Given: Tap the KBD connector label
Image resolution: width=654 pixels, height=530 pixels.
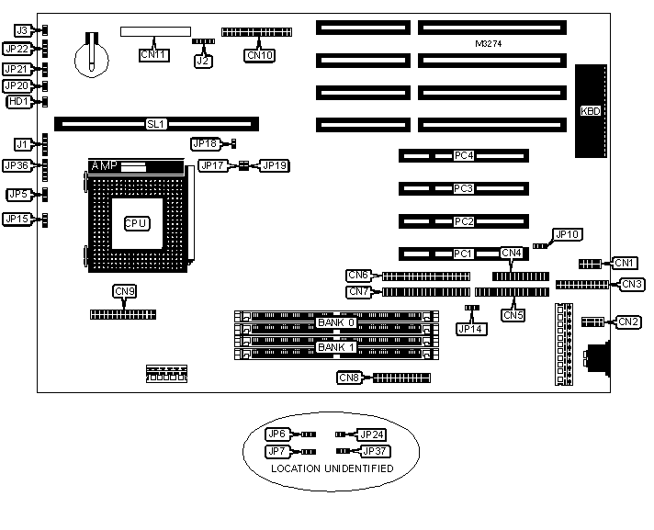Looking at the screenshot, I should (x=592, y=111).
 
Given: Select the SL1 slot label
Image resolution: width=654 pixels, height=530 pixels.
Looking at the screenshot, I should (x=156, y=123).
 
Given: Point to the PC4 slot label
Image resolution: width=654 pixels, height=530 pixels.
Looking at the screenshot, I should (x=463, y=156).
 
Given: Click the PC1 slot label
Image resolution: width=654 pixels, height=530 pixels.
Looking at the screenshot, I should (x=463, y=254).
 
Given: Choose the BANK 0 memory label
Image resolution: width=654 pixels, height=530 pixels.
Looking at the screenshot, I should (x=335, y=322).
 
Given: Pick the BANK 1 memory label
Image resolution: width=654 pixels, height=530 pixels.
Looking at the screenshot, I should (x=335, y=347).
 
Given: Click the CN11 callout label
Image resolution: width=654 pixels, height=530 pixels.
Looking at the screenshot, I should (x=153, y=55).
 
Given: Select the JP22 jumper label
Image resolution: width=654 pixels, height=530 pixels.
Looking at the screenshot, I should (x=17, y=49).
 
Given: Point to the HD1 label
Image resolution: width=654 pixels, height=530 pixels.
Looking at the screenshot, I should (x=17, y=101).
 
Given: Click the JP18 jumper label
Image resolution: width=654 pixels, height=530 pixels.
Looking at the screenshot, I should (x=204, y=143).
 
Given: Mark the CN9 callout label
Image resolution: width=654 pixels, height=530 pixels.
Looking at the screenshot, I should (x=125, y=291).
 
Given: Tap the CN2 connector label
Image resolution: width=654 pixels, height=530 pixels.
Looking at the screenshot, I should (x=628, y=321).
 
